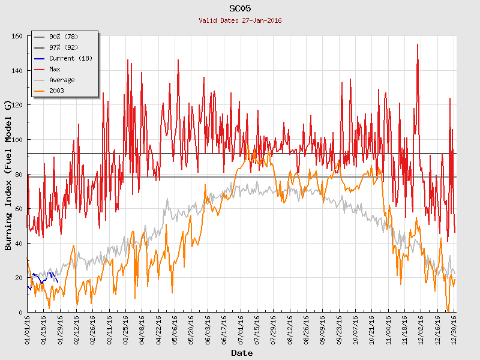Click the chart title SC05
[240, 8]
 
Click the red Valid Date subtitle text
[240, 20]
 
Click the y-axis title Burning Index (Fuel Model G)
[8, 175]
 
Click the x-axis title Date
[242, 353]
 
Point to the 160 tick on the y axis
[16, 37]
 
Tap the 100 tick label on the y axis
[16, 140]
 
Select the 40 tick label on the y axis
[18, 244]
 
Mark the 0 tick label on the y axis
[20, 313]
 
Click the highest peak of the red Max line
[418, 44]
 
